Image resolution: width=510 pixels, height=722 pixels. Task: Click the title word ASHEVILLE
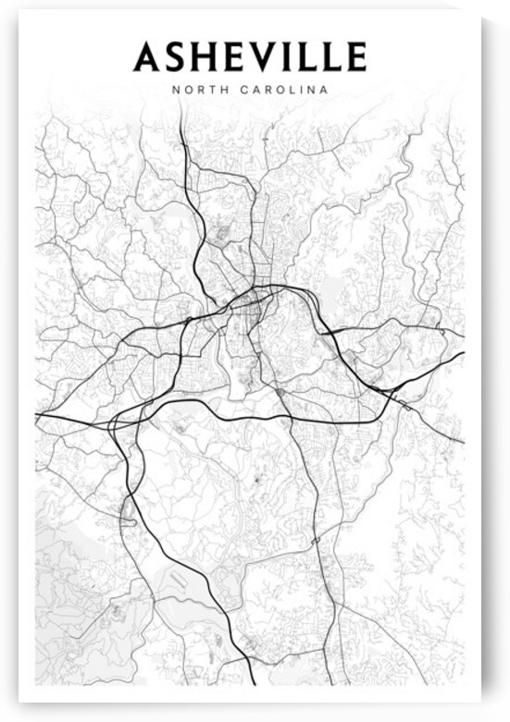pos(250,57)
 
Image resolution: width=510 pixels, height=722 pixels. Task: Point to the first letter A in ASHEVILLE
pos(147,57)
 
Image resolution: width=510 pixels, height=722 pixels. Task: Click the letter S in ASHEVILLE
pos(176,57)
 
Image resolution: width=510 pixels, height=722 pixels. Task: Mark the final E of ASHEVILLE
pos(356,57)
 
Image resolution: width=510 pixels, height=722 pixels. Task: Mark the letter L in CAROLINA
pos(287,91)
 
